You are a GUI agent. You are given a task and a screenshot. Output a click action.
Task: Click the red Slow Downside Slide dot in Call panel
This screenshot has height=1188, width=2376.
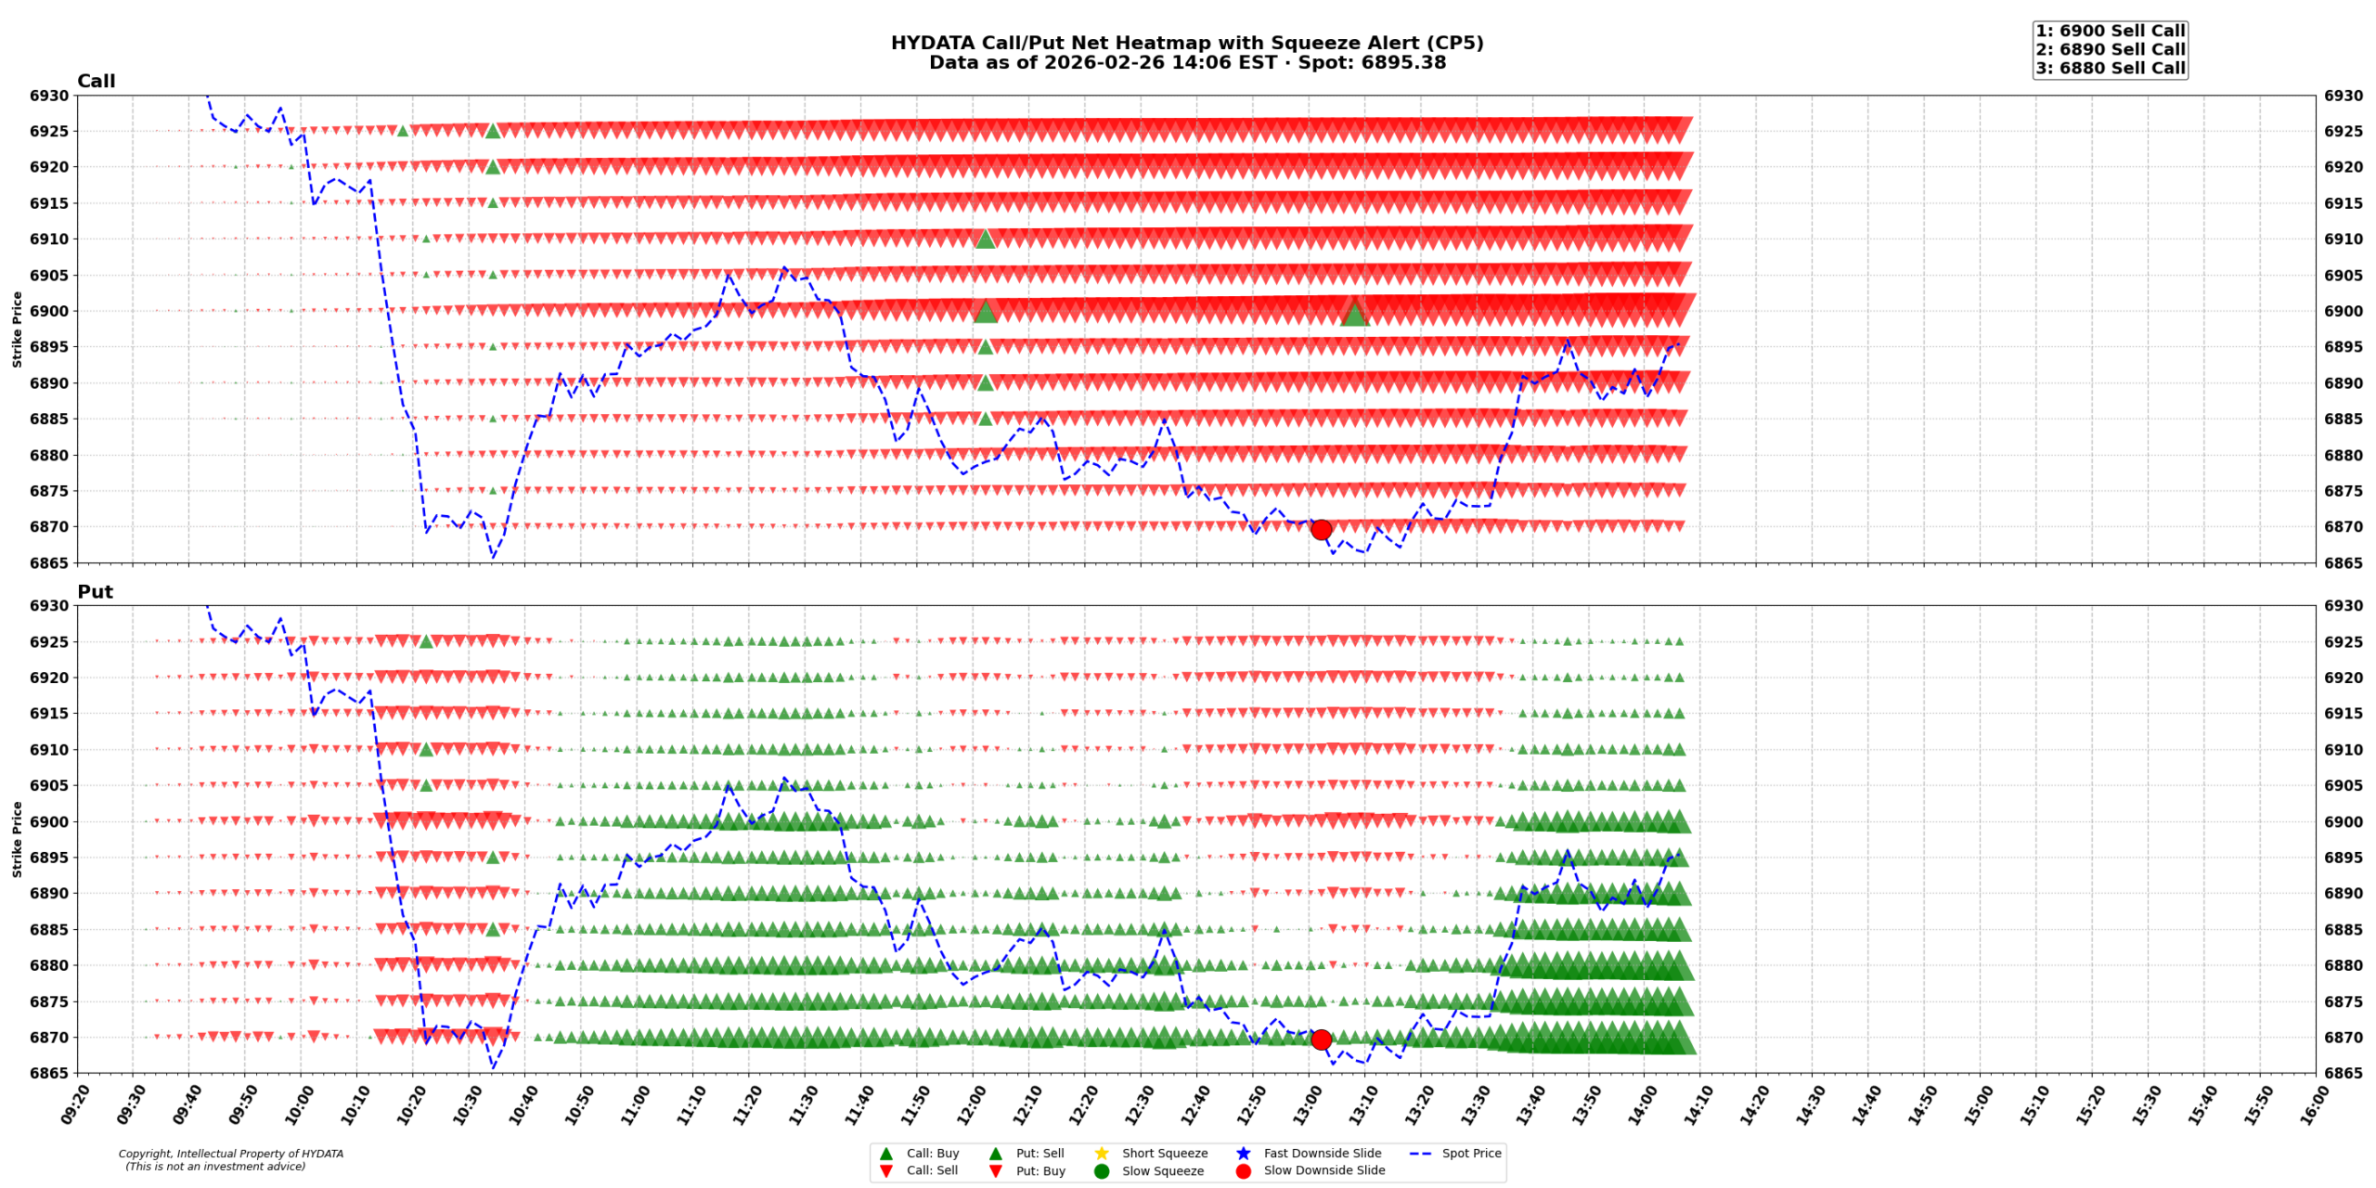point(1321,530)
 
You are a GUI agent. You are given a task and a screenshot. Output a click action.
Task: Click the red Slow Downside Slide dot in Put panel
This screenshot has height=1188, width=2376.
point(1321,1040)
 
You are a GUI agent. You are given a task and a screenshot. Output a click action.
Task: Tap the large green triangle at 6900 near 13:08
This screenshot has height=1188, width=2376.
point(1354,315)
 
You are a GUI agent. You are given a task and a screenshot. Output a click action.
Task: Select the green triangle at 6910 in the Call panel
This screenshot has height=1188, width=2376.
point(986,239)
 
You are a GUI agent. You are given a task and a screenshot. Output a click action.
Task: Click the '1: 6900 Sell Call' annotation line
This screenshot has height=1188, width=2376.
point(2110,31)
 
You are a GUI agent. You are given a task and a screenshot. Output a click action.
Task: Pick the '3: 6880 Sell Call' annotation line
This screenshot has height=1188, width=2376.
point(2110,68)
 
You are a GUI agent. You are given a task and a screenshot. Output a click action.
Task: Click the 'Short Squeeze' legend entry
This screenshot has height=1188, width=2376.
point(1164,1154)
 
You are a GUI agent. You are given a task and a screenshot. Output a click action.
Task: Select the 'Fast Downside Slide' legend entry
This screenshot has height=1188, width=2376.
point(1322,1154)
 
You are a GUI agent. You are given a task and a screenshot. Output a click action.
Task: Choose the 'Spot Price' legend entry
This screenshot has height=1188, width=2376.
point(1471,1154)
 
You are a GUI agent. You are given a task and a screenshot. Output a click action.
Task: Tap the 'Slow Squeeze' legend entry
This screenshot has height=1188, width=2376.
point(1162,1171)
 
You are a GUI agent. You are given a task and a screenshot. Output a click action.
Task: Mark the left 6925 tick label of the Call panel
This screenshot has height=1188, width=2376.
point(49,132)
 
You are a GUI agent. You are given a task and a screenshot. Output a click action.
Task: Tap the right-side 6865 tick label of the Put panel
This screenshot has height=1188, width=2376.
point(2344,1074)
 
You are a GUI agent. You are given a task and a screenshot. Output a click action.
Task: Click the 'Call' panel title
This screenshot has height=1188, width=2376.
point(97,82)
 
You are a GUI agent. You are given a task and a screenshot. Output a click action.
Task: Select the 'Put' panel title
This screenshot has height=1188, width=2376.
point(95,592)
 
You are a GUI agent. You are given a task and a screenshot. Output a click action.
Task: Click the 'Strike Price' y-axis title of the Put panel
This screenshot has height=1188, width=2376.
point(17,839)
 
